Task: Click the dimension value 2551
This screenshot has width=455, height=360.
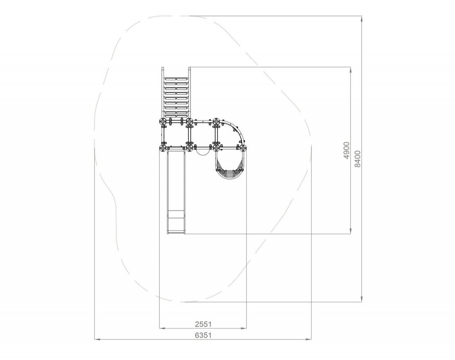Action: (203, 324)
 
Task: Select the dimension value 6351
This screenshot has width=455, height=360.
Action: (203, 335)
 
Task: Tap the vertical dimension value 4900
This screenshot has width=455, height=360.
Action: (346, 150)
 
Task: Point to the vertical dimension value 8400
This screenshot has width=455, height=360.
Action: (357, 159)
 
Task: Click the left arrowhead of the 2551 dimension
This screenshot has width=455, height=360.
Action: (162, 328)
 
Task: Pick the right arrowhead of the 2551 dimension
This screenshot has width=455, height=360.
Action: (243, 328)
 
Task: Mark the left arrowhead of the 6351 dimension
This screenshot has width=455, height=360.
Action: (98, 339)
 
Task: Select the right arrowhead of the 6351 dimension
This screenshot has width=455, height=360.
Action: (309, 339)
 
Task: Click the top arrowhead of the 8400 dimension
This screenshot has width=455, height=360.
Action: (362, 19)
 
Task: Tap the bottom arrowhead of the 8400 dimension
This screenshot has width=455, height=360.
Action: (362, 299)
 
